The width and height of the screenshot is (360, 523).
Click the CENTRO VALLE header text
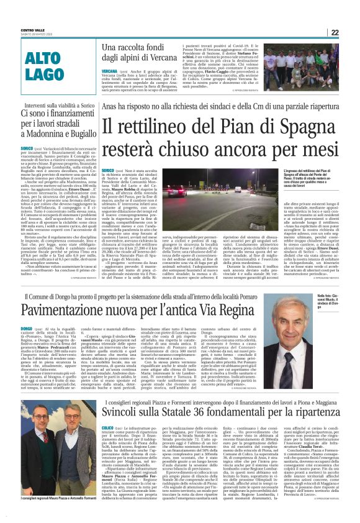(32, 30)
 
